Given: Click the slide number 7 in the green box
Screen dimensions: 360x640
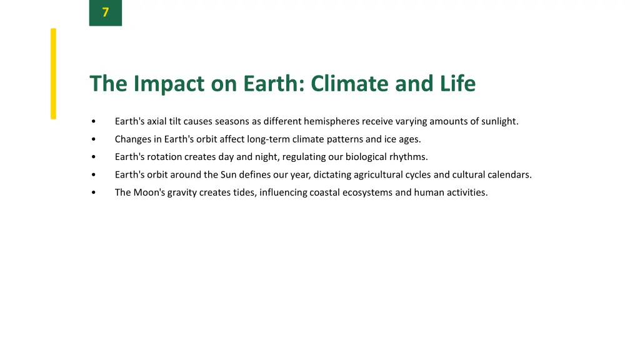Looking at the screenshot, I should coord(105,12).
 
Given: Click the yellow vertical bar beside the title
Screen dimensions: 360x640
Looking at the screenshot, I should coord(53,73).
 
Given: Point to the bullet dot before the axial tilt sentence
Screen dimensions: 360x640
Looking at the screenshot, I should coord(92,122).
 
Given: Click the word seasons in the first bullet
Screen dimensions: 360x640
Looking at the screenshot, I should coord(232,121).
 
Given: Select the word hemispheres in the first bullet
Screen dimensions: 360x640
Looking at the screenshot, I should coord(331,121).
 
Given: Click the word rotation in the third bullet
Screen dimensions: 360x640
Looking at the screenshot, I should coord(164,157).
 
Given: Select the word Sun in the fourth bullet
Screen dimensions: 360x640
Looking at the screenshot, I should coord(228,175).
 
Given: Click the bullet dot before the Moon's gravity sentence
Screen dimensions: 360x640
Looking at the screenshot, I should coord(92,193).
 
